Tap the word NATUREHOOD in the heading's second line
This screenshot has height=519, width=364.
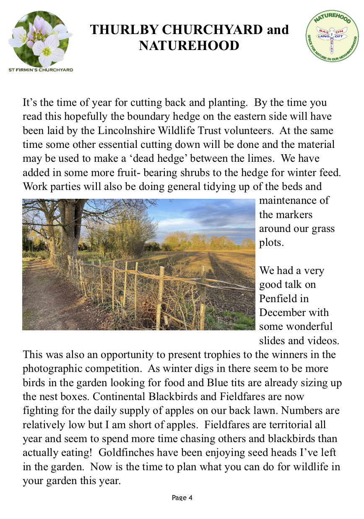189,45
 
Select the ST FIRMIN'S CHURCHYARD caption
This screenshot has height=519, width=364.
41,70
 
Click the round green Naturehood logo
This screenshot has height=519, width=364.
332,37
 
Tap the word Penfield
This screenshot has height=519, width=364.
278,298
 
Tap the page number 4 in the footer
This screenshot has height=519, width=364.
190,498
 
